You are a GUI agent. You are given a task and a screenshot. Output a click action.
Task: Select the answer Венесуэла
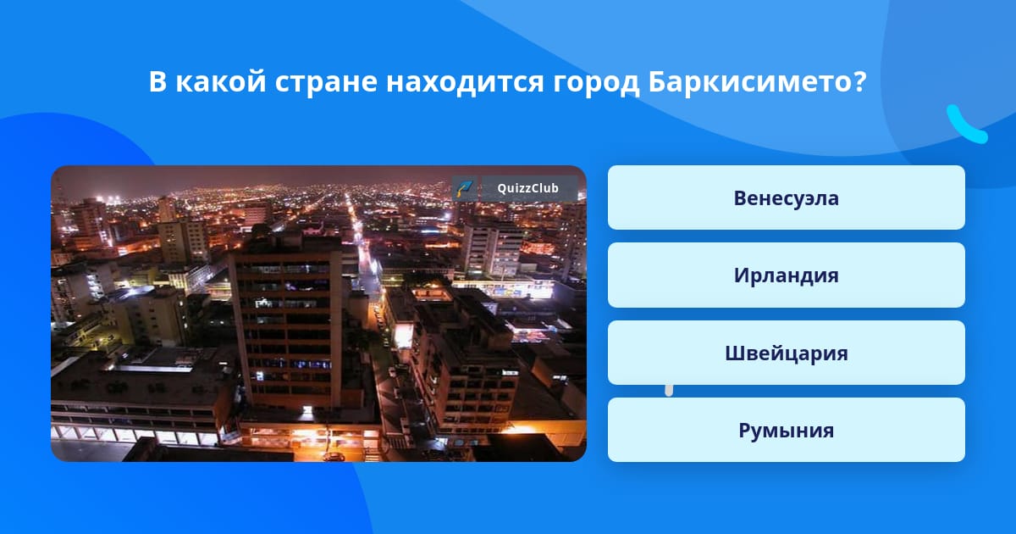pos(786,197)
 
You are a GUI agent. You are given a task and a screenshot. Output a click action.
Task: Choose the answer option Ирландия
pos(786,275)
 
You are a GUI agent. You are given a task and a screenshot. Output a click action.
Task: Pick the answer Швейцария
pos(786,353)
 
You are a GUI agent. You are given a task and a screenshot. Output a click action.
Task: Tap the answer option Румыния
pos(786,430)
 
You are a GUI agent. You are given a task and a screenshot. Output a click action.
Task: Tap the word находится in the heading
pos(465,83)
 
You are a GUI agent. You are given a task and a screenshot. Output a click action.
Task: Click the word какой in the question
pos(220,81)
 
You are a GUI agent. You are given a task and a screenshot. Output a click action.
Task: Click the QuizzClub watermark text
pos(527,188)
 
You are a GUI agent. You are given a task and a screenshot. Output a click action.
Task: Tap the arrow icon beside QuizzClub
pos(465,188)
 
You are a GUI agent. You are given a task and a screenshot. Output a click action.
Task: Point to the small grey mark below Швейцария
pos(669,391)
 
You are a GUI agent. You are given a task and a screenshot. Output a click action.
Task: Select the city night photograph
pos(318,314)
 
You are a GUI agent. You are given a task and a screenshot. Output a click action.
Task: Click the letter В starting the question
pos(157,81)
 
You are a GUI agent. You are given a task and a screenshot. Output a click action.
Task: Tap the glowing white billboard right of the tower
pos(403,337)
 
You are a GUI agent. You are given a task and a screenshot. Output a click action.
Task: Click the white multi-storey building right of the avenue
pos(493,250)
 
